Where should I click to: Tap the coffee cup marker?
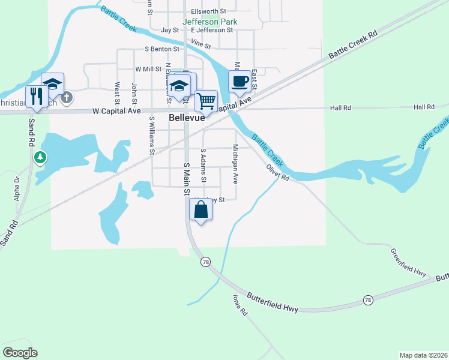pyautogui.click(x=240, y=82)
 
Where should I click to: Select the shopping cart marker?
pyautogui.click(x=206, y=101)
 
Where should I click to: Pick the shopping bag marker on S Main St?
pyautogui.click(x=200, y=210)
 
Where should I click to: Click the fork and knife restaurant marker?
pyautogui.click(x=36, y=97)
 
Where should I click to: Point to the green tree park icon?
pyautogui.click(x=40, y=158)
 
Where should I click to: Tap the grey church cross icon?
pyautogui.click(x=67, y=96)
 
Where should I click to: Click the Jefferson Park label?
pyautogui.click(x=209, y=22)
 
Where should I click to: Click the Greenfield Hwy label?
pyautogui.click(x=408, y=262)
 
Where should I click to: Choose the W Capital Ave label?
pyautogui.click(x=116, y=111)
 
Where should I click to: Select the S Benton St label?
pyautogui.click(x=161, y=49)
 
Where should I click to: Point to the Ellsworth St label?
pyautogui.click(x=208, y=11)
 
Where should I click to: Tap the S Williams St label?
pyautogui.click(x=151, y=135)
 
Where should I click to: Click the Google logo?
pyautogui.click(x=20, y=353)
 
